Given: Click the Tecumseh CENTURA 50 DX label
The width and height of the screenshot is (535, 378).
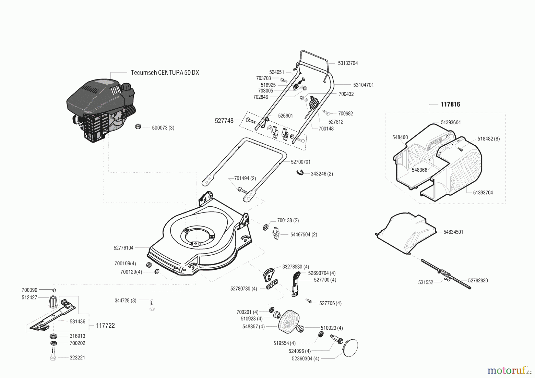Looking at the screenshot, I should tap(165, 73).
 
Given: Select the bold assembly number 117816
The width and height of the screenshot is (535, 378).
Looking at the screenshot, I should tap(450, 104).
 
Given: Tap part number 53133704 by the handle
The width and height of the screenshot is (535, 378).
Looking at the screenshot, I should tap(348, 63).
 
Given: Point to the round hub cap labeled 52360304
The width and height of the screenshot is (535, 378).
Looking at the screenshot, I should tap(350, 348).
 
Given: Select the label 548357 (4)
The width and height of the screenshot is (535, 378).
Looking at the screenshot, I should tap(253, 327).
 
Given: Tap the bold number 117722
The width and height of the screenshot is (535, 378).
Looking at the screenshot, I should tap(105, 326).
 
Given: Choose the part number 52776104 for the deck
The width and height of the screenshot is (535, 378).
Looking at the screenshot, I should tap(123, 248).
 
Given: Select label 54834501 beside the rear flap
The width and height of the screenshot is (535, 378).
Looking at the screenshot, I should tap(453, 232).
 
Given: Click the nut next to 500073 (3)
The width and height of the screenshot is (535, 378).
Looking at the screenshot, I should tap(138, 127).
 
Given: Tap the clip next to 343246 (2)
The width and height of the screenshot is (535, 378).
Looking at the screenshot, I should tap(300, 172).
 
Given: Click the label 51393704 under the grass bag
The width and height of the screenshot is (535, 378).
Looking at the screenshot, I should tap(483, 193).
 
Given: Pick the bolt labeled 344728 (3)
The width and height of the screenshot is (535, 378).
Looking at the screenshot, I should tap(152, 305).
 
